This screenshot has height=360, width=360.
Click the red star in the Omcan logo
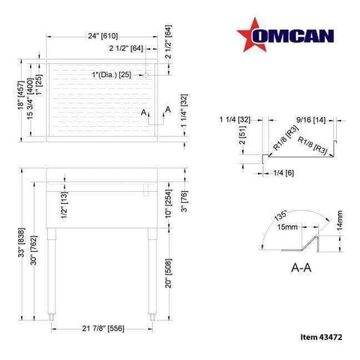coord(249,36)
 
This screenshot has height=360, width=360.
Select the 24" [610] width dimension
coord(102,36)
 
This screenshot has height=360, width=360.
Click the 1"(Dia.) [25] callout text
coord(112,75)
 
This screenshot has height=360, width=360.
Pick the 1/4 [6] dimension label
coord(278,174)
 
